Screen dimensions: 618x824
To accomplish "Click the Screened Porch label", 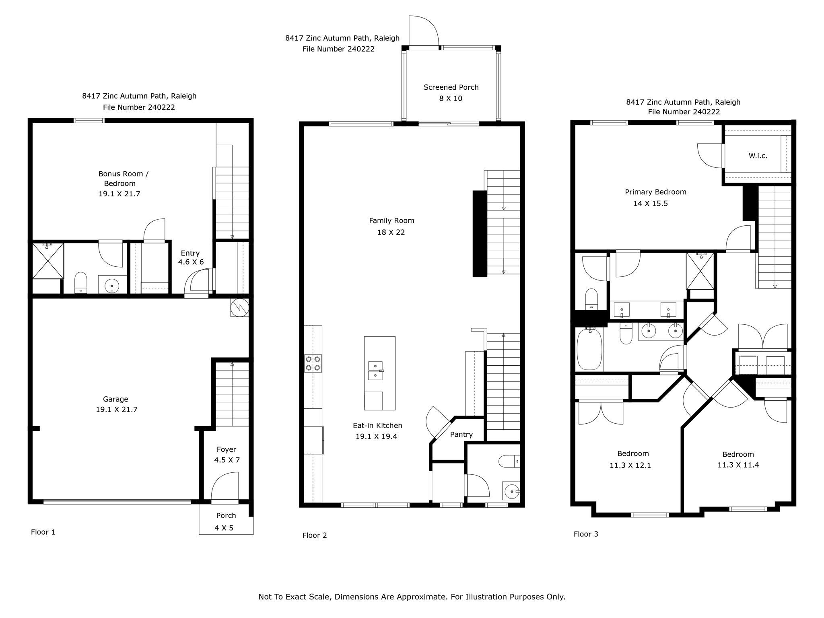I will [451, 87].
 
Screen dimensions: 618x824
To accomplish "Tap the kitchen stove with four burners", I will [313, 363].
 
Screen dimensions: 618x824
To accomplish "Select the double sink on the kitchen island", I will [375, 371].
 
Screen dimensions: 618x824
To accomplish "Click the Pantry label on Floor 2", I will [461, 435].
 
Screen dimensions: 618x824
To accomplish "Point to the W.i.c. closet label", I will [758, 156].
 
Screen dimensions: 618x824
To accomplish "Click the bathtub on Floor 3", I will [589, 349].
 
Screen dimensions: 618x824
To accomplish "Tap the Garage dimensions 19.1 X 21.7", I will [116, 410].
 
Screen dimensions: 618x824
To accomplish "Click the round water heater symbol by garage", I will [239, 308].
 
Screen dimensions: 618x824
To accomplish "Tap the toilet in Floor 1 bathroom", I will [81, 283].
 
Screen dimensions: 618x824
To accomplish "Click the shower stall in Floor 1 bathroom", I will [48, 261].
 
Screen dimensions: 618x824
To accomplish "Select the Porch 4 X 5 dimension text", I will [224, 528].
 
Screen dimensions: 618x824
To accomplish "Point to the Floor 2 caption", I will [315, 535].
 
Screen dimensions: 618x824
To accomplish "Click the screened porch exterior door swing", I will [423, 31].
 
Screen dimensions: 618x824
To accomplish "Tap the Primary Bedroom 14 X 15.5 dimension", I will [650, 204].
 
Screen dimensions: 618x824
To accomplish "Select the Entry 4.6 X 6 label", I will [190, 257].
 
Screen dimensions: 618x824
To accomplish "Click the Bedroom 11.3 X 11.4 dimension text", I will [738, 465].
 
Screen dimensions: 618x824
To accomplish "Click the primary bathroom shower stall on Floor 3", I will [700, 271].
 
